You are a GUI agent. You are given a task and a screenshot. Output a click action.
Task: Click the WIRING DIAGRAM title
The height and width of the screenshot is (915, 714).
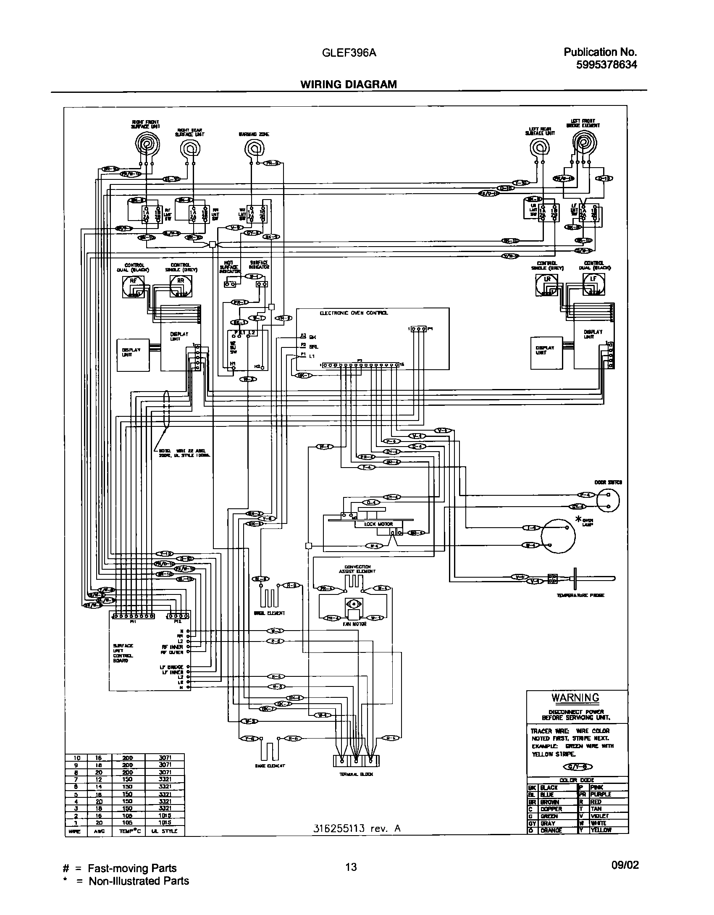pos(348,84)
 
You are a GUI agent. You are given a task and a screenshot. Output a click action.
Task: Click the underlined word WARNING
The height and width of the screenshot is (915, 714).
pos(575,698)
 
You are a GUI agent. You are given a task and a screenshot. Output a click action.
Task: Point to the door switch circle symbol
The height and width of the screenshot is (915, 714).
pos(608,501)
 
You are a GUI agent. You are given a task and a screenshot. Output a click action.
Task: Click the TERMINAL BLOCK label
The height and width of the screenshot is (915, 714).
pos(356,774)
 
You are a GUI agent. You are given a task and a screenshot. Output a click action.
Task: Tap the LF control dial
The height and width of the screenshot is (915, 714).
pos(593,285)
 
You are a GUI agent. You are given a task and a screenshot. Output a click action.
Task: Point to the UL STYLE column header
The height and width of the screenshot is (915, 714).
pos(164,831)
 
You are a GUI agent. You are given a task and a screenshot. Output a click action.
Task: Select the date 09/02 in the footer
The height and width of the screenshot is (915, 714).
pos(625,865)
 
